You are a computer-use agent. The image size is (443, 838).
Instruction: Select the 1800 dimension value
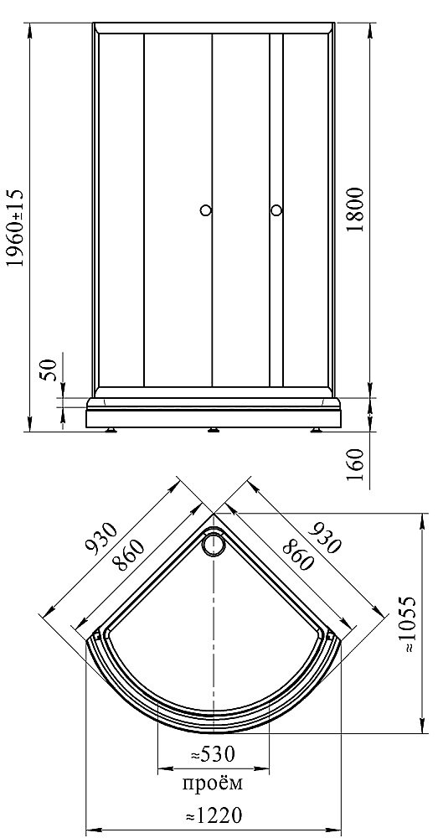click(355, 209)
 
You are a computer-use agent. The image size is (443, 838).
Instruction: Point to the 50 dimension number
click(49, 370)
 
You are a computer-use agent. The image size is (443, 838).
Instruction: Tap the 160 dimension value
click(355, 465)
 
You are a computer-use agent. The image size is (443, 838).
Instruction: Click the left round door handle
click(206, 210)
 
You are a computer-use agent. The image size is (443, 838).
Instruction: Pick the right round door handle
click(276, 210)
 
